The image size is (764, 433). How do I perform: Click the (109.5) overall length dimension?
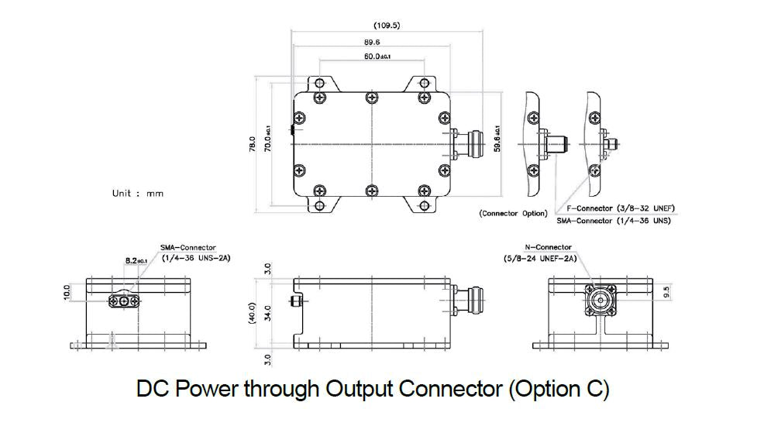(x=387, y=26)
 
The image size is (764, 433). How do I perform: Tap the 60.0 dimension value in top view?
(x=377, y=57)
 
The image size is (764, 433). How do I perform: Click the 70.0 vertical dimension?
(x=267, y=142)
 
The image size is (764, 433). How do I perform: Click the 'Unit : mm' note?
(x=138, y=194)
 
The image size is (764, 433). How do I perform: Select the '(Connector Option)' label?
(x=513, y=213)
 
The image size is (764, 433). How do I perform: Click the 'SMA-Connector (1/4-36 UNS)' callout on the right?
(x=613, y=220)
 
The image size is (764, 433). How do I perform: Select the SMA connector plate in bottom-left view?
(x=125, y=300)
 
